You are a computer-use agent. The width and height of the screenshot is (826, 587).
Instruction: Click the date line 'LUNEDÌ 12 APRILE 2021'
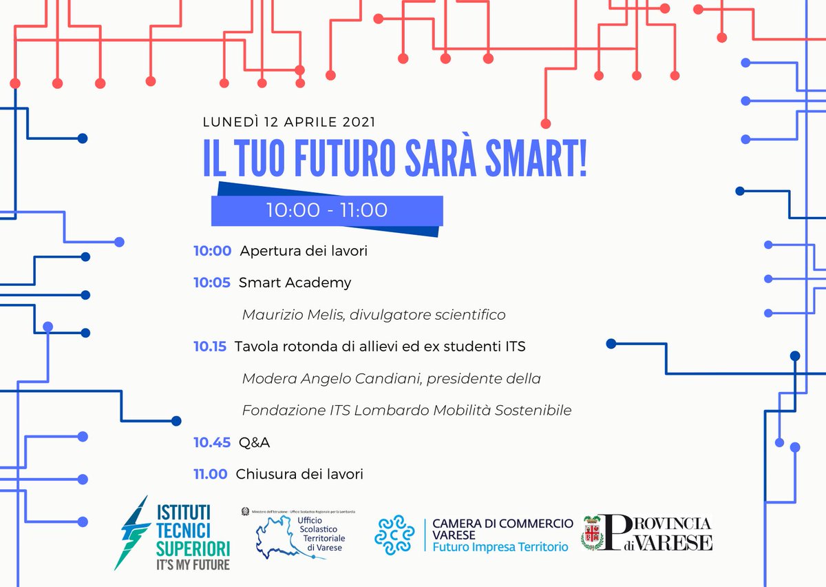tap(289, 123)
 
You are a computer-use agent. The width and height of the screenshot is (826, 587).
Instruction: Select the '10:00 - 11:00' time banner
tap(327, 210)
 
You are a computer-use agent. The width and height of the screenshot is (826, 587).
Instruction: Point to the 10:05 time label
tap(211, 282)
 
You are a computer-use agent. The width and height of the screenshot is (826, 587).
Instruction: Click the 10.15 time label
tap(209, 347)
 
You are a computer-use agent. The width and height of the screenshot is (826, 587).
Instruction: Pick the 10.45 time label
tap(211, 442)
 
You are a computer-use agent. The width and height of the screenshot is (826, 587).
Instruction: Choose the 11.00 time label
tap(210, 474)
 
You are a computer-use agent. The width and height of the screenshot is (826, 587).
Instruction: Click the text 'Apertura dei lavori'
tap(304, 251)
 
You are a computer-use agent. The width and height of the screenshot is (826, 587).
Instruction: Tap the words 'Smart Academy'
tap(295, 282)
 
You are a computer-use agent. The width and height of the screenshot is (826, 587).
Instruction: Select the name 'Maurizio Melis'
tap(293, 315)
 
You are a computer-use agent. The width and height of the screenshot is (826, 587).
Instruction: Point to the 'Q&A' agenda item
tap(254, 442)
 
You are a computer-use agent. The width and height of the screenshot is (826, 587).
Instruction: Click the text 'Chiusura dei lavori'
tap(299, 474)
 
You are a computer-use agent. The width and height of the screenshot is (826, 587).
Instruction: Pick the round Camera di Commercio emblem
tap(394, 535)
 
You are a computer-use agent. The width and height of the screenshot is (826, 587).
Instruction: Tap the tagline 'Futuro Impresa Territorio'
tap(500, 547)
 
